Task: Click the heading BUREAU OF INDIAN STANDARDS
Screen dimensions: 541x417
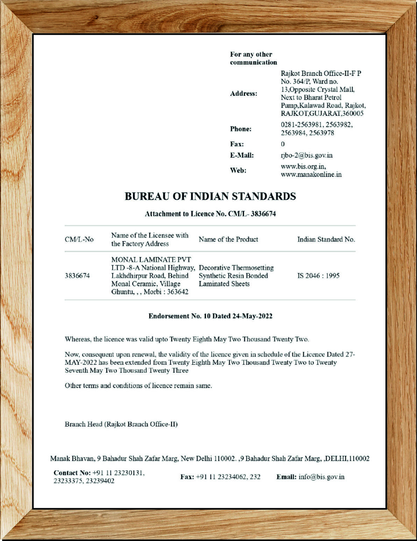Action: (x=210, y=196)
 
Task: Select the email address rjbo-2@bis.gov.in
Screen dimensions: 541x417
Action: (x=306, y=155)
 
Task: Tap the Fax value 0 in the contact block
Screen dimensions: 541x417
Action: (x=283, y=144)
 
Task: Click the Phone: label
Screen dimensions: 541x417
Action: (x=241, y=129)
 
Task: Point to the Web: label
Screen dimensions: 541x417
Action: (x=238, y=170)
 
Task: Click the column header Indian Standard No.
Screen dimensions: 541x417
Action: (x=326, y=240)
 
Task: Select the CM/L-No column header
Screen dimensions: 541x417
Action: (x=79, y=240)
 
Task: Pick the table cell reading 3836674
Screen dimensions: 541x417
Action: (x=77, y=276)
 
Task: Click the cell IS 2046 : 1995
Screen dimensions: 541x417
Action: (x=318, y=276)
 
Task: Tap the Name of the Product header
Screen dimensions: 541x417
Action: (x=228, y=239)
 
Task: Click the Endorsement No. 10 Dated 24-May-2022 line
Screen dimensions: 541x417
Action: (x=210, y=316)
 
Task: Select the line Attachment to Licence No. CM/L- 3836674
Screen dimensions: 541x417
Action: (x=210, y=214)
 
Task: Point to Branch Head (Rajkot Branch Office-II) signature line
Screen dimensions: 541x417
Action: (x=121, y=424)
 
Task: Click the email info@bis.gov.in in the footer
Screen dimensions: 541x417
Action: (x=321, y=477)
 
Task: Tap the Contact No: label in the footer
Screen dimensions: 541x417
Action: (x=72, y=473)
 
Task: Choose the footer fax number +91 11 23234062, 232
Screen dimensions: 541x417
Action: (x=228, y=477)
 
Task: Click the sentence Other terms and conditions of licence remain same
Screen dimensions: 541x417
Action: (x=138, y=386)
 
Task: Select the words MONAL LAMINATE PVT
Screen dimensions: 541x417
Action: (x=151, y=260)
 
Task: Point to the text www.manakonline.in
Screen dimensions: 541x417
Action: (x=311, y=174)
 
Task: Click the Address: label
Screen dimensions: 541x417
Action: (x=243, y=94)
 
